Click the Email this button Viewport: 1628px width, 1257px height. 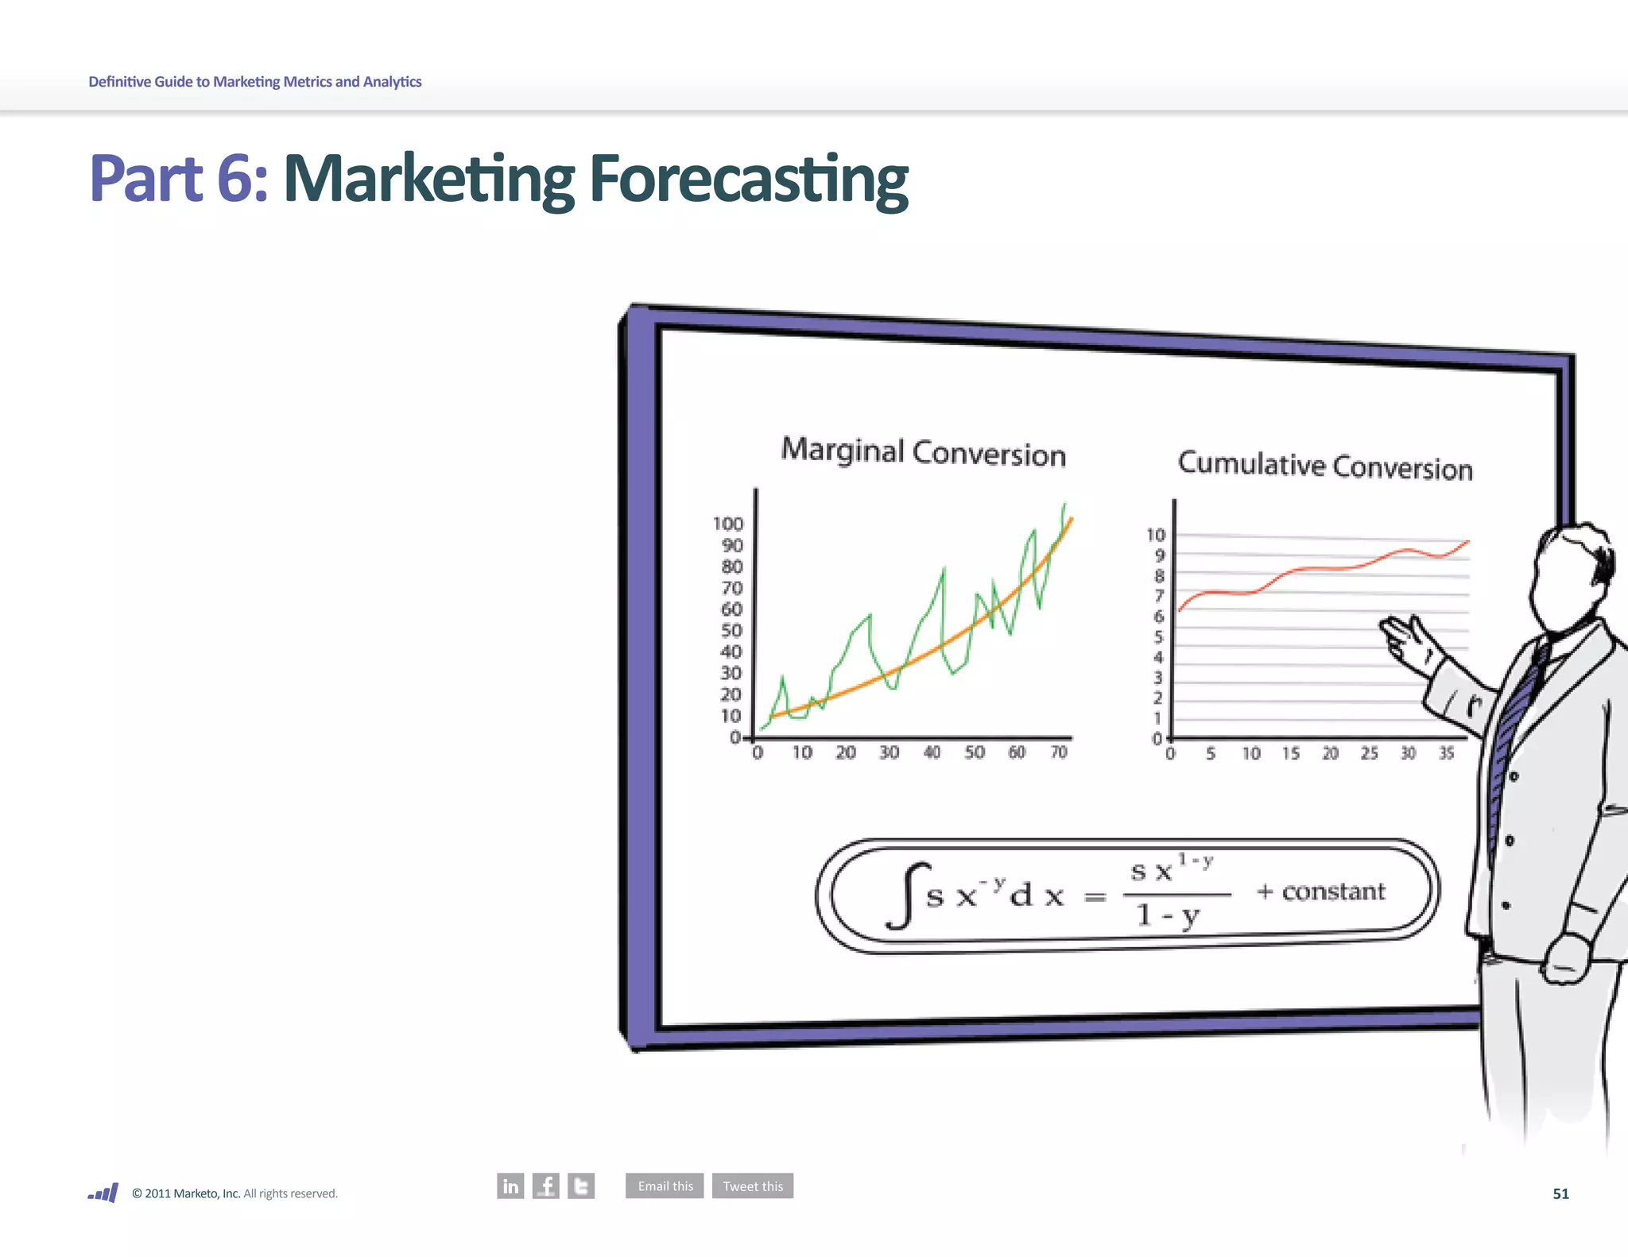(x=665, y=1185)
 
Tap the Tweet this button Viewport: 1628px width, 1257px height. (x=752, y=1185)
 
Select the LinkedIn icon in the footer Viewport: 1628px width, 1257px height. (x=510, y=1185)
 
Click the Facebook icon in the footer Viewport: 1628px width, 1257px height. (x=546, y=1185)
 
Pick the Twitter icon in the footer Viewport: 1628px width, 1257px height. (x=581, y=1185)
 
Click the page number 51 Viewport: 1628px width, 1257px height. (x=1560, y=1193)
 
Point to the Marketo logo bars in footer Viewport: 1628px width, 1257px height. (x=104, y=1193)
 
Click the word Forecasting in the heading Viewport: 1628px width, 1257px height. (x=748, y=180)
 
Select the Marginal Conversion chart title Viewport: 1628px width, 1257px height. (x=923, y=452)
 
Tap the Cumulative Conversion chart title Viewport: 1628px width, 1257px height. (x=1324, y=466)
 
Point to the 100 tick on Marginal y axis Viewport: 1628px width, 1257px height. (x=727, y=524)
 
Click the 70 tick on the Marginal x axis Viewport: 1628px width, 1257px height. (x=1059, y=752)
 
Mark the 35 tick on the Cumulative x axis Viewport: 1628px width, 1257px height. (x=1446, y=752)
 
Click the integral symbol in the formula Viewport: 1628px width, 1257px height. (x=907, y=895)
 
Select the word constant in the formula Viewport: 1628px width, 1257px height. (x=1333, y=892)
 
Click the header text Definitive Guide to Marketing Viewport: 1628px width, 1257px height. (x=254, y=82)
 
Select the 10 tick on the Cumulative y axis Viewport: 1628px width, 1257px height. (x=1155, y=535)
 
